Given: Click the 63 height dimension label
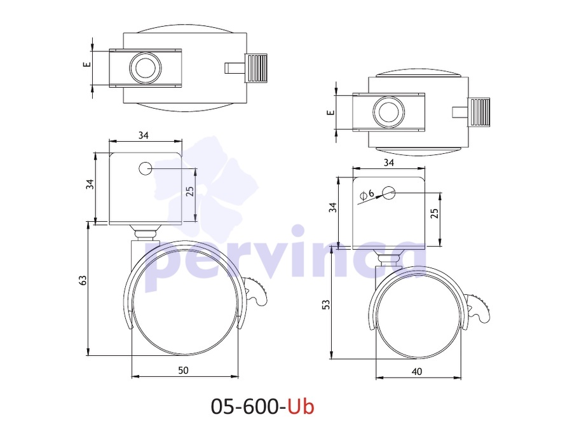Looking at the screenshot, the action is click(83, 280).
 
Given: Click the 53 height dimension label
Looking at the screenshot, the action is click(327, 304).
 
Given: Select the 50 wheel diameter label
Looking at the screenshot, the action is click(183, 371).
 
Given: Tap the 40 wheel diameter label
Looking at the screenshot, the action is click(416, 372).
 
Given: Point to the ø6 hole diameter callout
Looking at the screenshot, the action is click(367, 194).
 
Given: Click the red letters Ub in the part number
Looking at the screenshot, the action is click(301, 406).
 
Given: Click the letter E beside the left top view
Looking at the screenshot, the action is click(87, 64).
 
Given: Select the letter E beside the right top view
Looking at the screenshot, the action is click(330, 112).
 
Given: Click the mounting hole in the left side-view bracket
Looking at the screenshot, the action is click(145, 168).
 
